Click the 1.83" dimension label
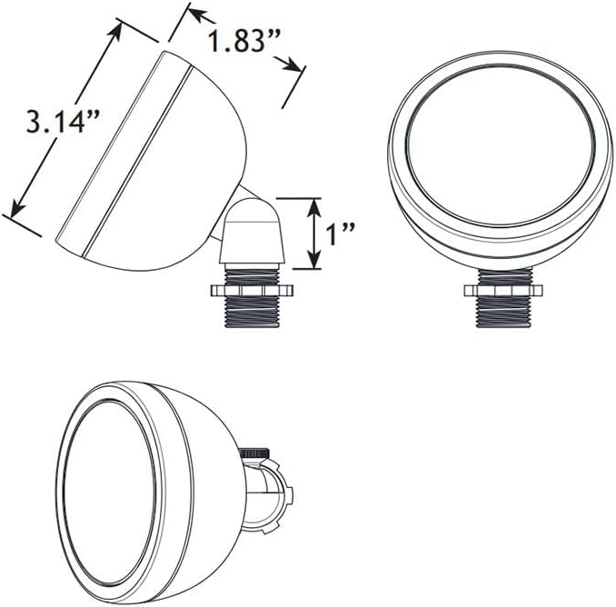pos(243,41)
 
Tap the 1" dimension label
pos(341,234)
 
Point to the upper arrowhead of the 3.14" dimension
pos(114,33)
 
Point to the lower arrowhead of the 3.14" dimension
pos(17,206)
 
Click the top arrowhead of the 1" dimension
pos(313,207)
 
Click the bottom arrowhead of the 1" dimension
pos(313,260)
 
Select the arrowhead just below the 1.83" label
pos(289,65)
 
